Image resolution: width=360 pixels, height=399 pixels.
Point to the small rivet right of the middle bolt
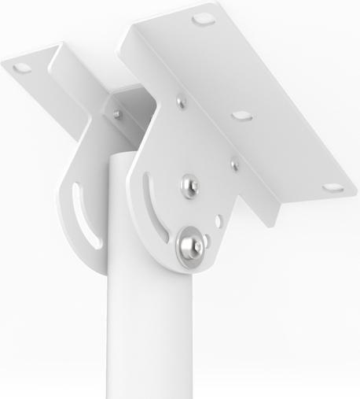[x=233, y=165]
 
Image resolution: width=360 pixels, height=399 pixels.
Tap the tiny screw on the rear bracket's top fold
[x=117, y=113]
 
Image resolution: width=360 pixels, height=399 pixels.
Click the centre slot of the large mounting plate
[x=239, y=116]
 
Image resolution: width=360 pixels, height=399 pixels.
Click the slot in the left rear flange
[x=24, y=68]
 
